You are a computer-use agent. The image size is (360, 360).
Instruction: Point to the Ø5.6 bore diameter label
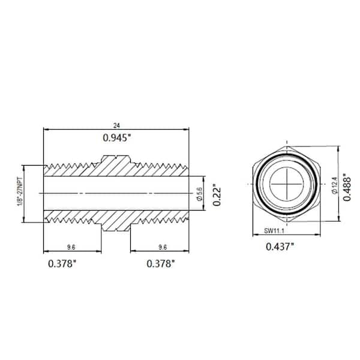pyautogui.click(x=199, y=193)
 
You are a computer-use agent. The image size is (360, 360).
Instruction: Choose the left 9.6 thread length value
pyautogui.click(x=72, y=246)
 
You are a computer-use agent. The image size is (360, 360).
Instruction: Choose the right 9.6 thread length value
pyautogui.click(x=160, y=246)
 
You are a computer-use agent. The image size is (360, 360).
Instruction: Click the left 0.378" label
pyautogui.click(x=63, y=263)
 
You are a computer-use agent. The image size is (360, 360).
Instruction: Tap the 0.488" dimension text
pyautogui.click(x=346, y=187)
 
